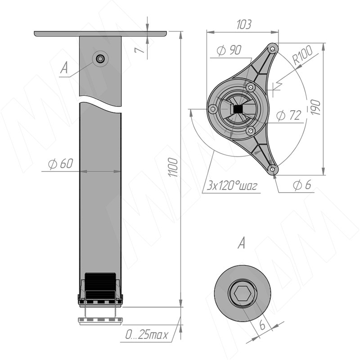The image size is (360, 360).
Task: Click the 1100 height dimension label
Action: (173, 167)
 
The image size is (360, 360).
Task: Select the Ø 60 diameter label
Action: (61, 164)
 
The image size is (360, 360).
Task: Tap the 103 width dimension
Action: (244, 24)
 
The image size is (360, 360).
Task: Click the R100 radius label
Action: (303, 55)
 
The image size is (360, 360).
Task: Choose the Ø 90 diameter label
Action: (229, 50)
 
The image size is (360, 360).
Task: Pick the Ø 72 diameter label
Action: (289, 115)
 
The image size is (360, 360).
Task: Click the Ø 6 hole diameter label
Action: (302, 185)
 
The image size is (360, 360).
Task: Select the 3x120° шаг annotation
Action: (232, 185)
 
